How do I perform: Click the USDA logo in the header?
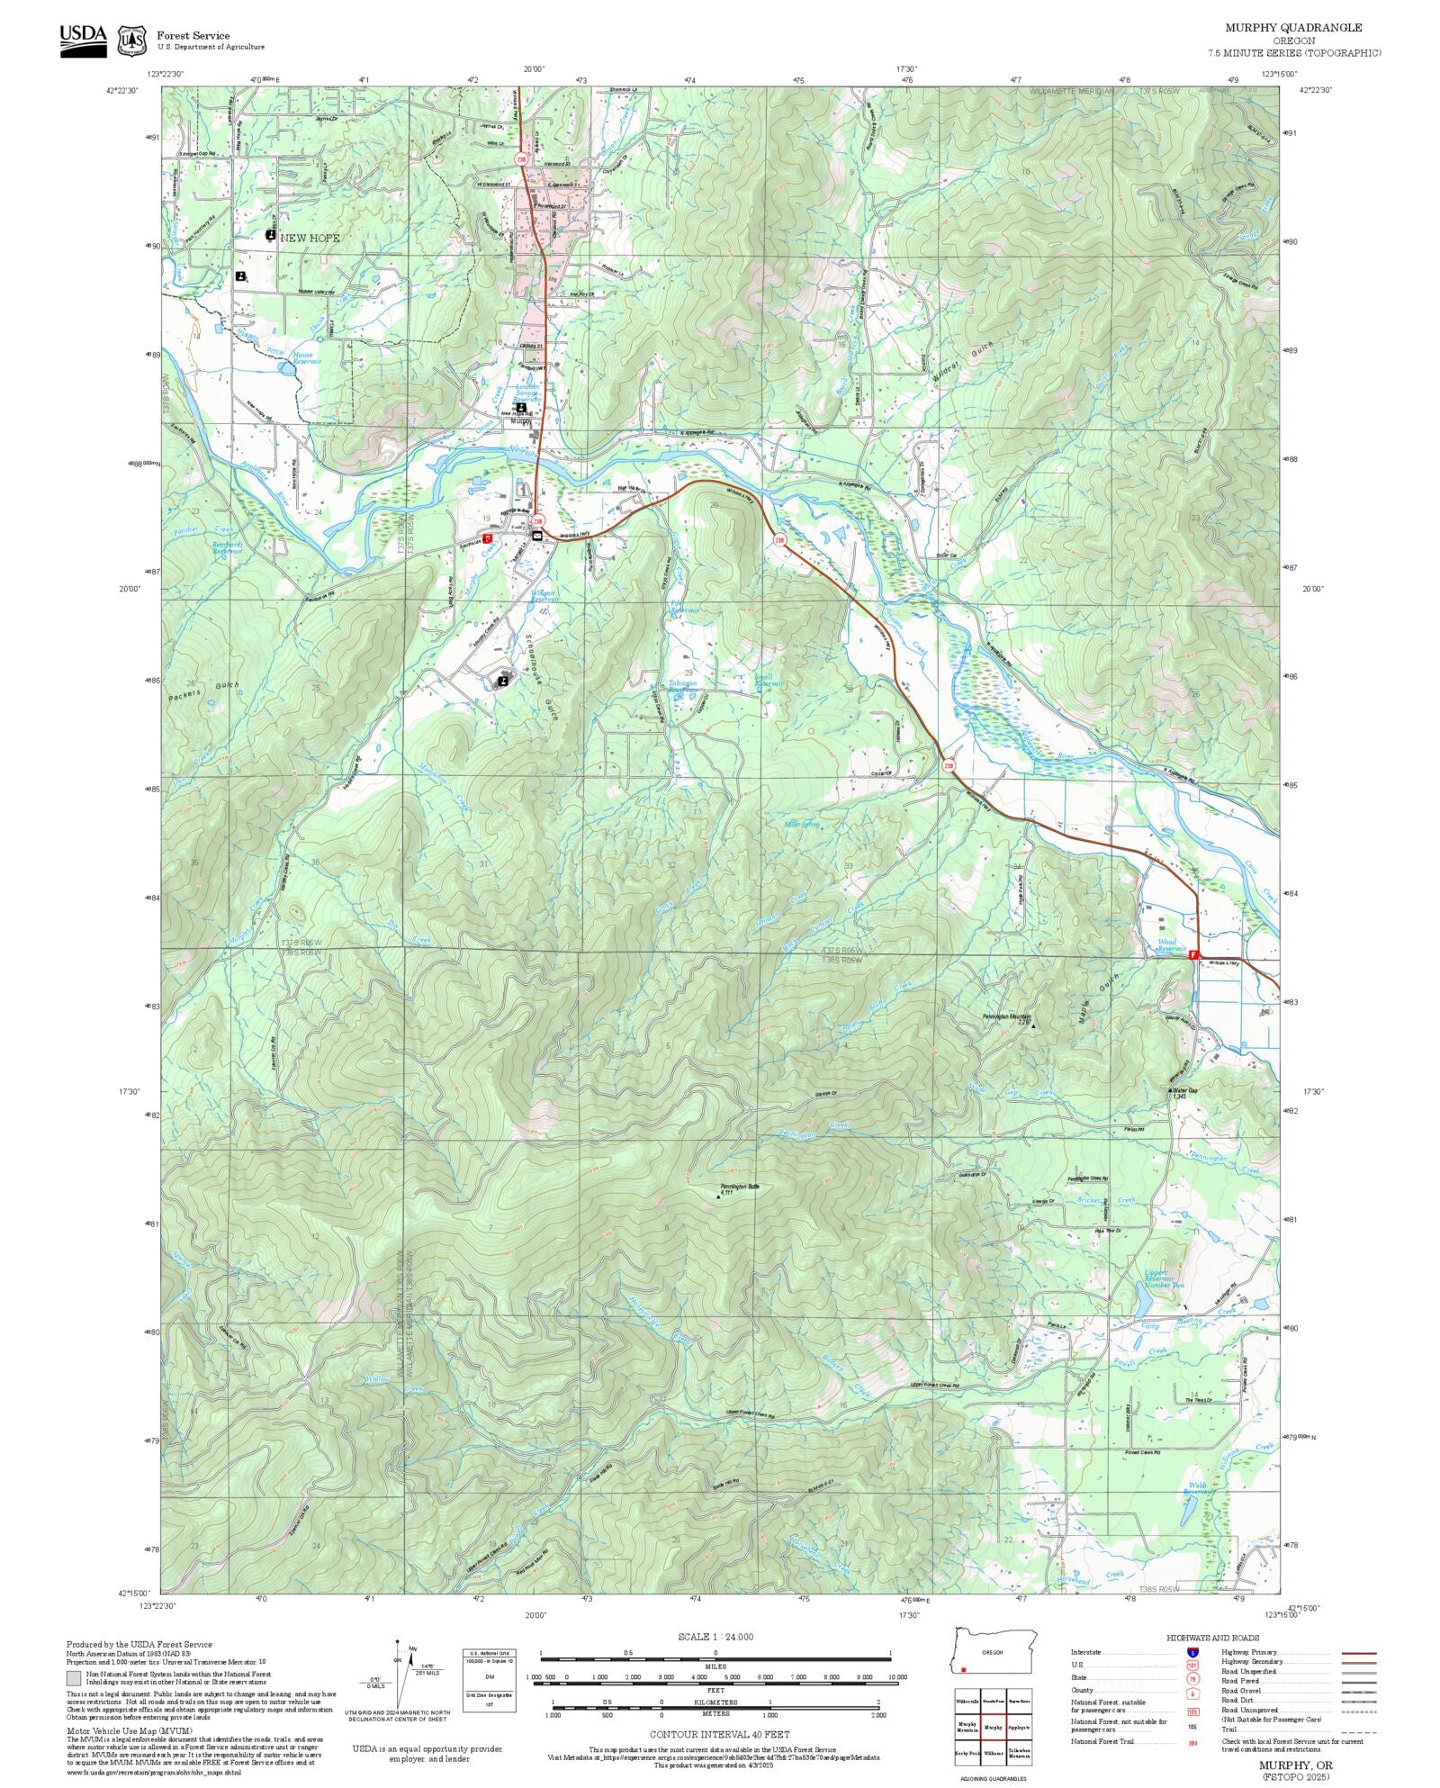point(83,41)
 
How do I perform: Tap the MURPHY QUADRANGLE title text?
point(1292,28)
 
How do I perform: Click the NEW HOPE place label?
point(309,238)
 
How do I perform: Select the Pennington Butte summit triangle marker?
point(718,1197)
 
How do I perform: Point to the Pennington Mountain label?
point(1006,1016)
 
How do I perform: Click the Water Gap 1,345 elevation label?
point(1185,1093)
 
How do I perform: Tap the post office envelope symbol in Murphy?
point(537,535)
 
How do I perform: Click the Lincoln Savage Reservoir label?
point(527,393)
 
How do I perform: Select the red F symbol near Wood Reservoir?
point(1193,954)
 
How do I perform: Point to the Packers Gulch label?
point(203,691)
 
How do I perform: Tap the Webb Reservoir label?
point(1198,1487)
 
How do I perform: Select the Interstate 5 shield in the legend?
point(1192,1653)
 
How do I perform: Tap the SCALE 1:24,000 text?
point(715,1637)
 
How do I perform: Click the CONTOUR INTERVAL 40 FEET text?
point(719,1734)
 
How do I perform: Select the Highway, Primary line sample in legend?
point(1359,1653)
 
